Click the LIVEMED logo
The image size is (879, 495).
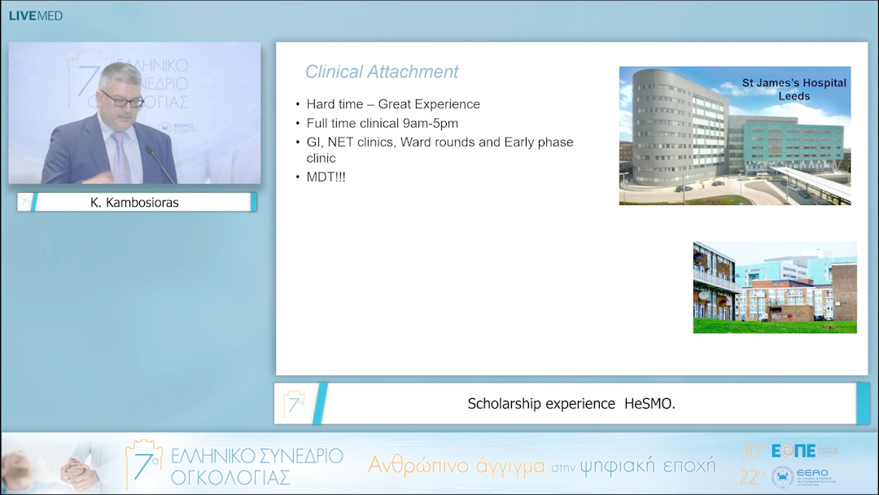point(36,15)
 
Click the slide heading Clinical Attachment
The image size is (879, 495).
point(382,72)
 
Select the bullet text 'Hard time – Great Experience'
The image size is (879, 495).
point(393,104)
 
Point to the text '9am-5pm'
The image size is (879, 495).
point(435,123)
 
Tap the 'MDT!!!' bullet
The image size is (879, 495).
point(326,177)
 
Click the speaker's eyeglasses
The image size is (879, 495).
point(123,100)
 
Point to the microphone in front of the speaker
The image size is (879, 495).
point(160,163)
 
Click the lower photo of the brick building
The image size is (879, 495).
point(774,287)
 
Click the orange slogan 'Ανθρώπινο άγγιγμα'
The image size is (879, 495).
point(456,466)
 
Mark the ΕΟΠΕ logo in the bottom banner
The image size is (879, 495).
point(794,450)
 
